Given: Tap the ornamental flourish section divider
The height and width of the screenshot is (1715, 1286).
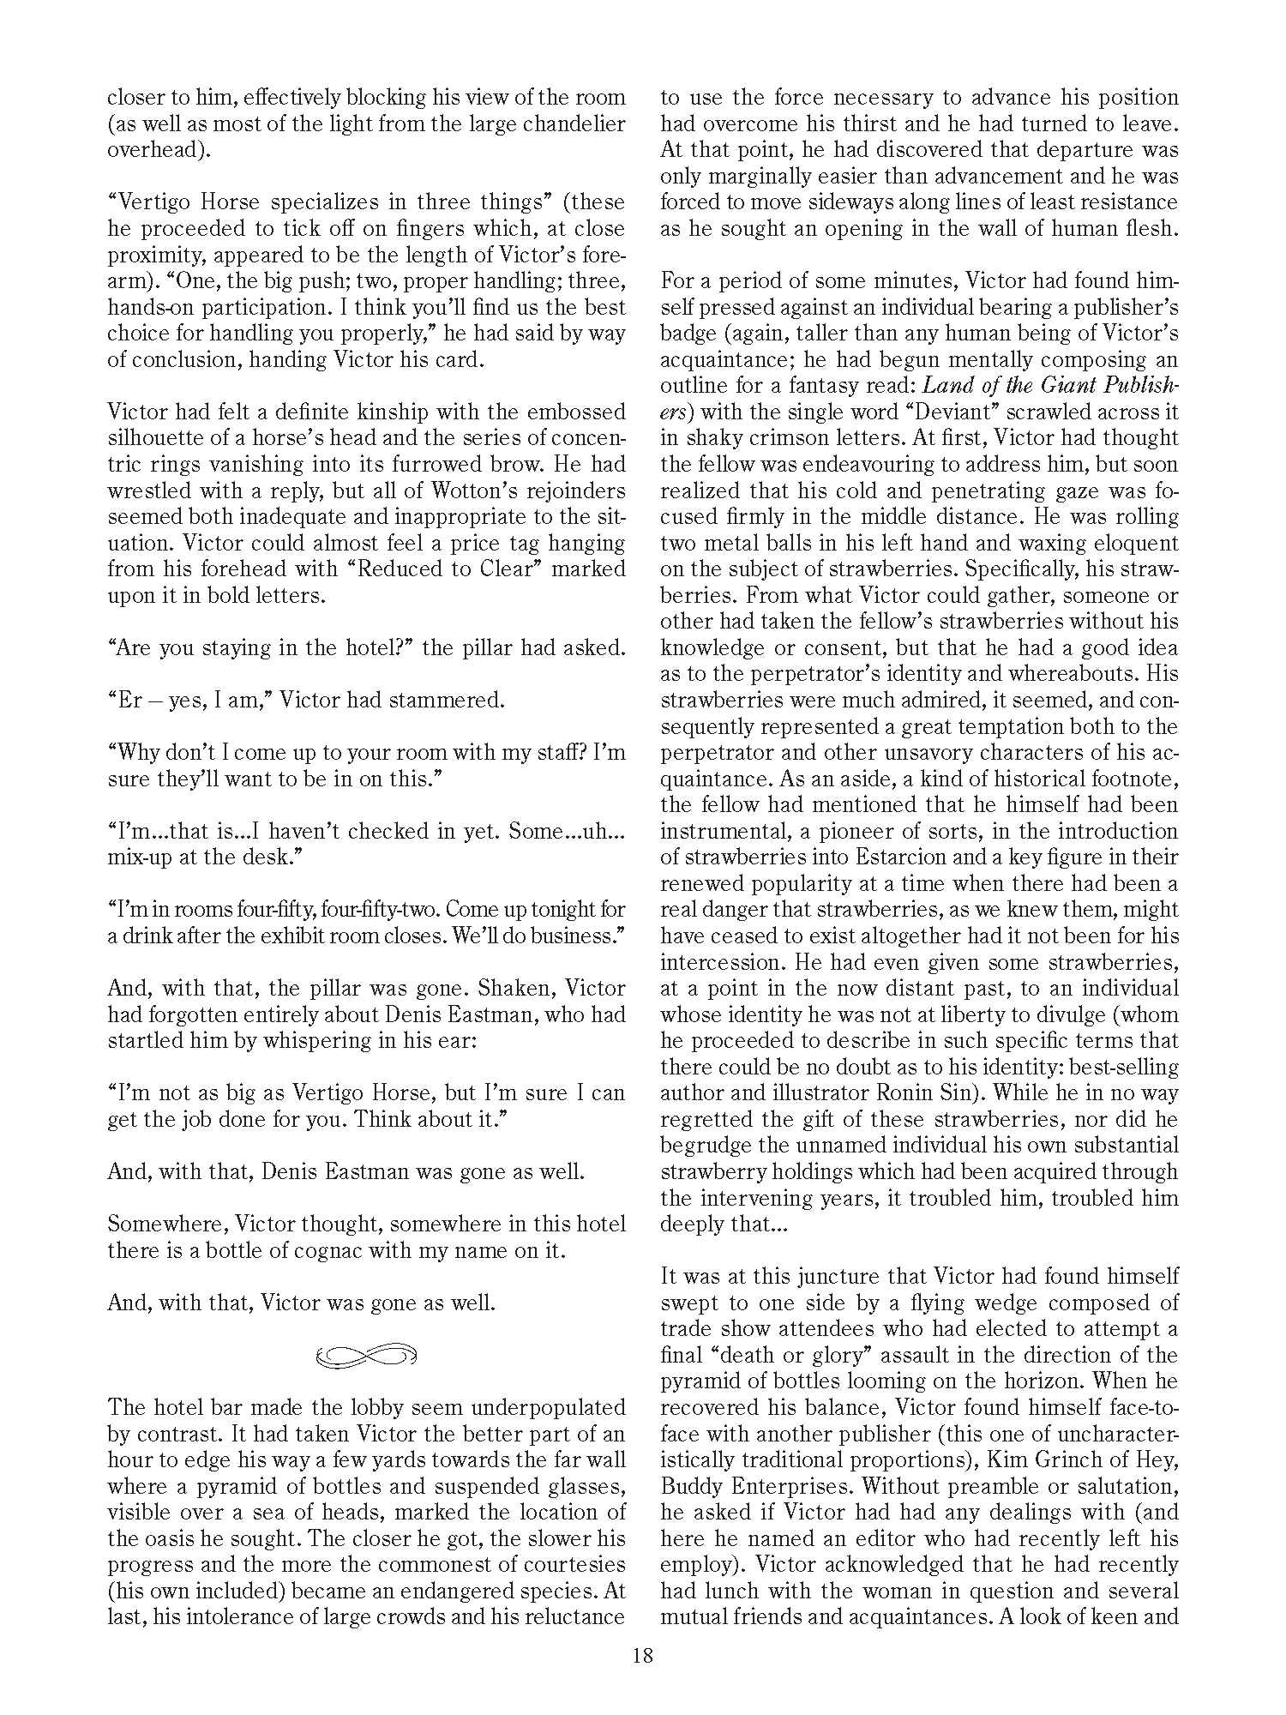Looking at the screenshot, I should (x=366, y=1356).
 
